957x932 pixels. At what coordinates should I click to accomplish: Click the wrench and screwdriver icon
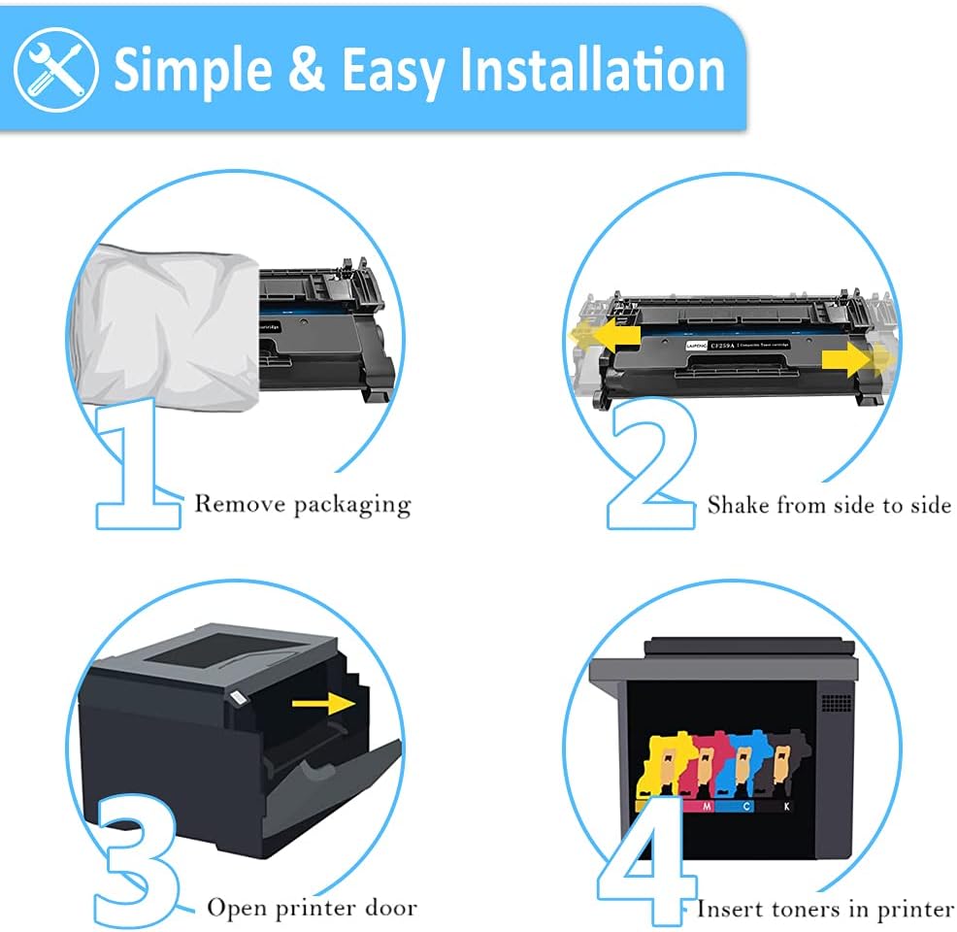(x=55, y=69)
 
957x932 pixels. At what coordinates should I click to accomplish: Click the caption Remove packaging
(x=303, y=504)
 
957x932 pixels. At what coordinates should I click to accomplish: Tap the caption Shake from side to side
(x=828, y=505)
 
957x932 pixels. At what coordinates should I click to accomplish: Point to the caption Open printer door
(x=312, y=908)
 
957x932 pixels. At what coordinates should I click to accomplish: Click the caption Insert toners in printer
(x=825, y=909)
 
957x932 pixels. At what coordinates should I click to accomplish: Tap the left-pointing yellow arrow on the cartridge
(x=607, y=335)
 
